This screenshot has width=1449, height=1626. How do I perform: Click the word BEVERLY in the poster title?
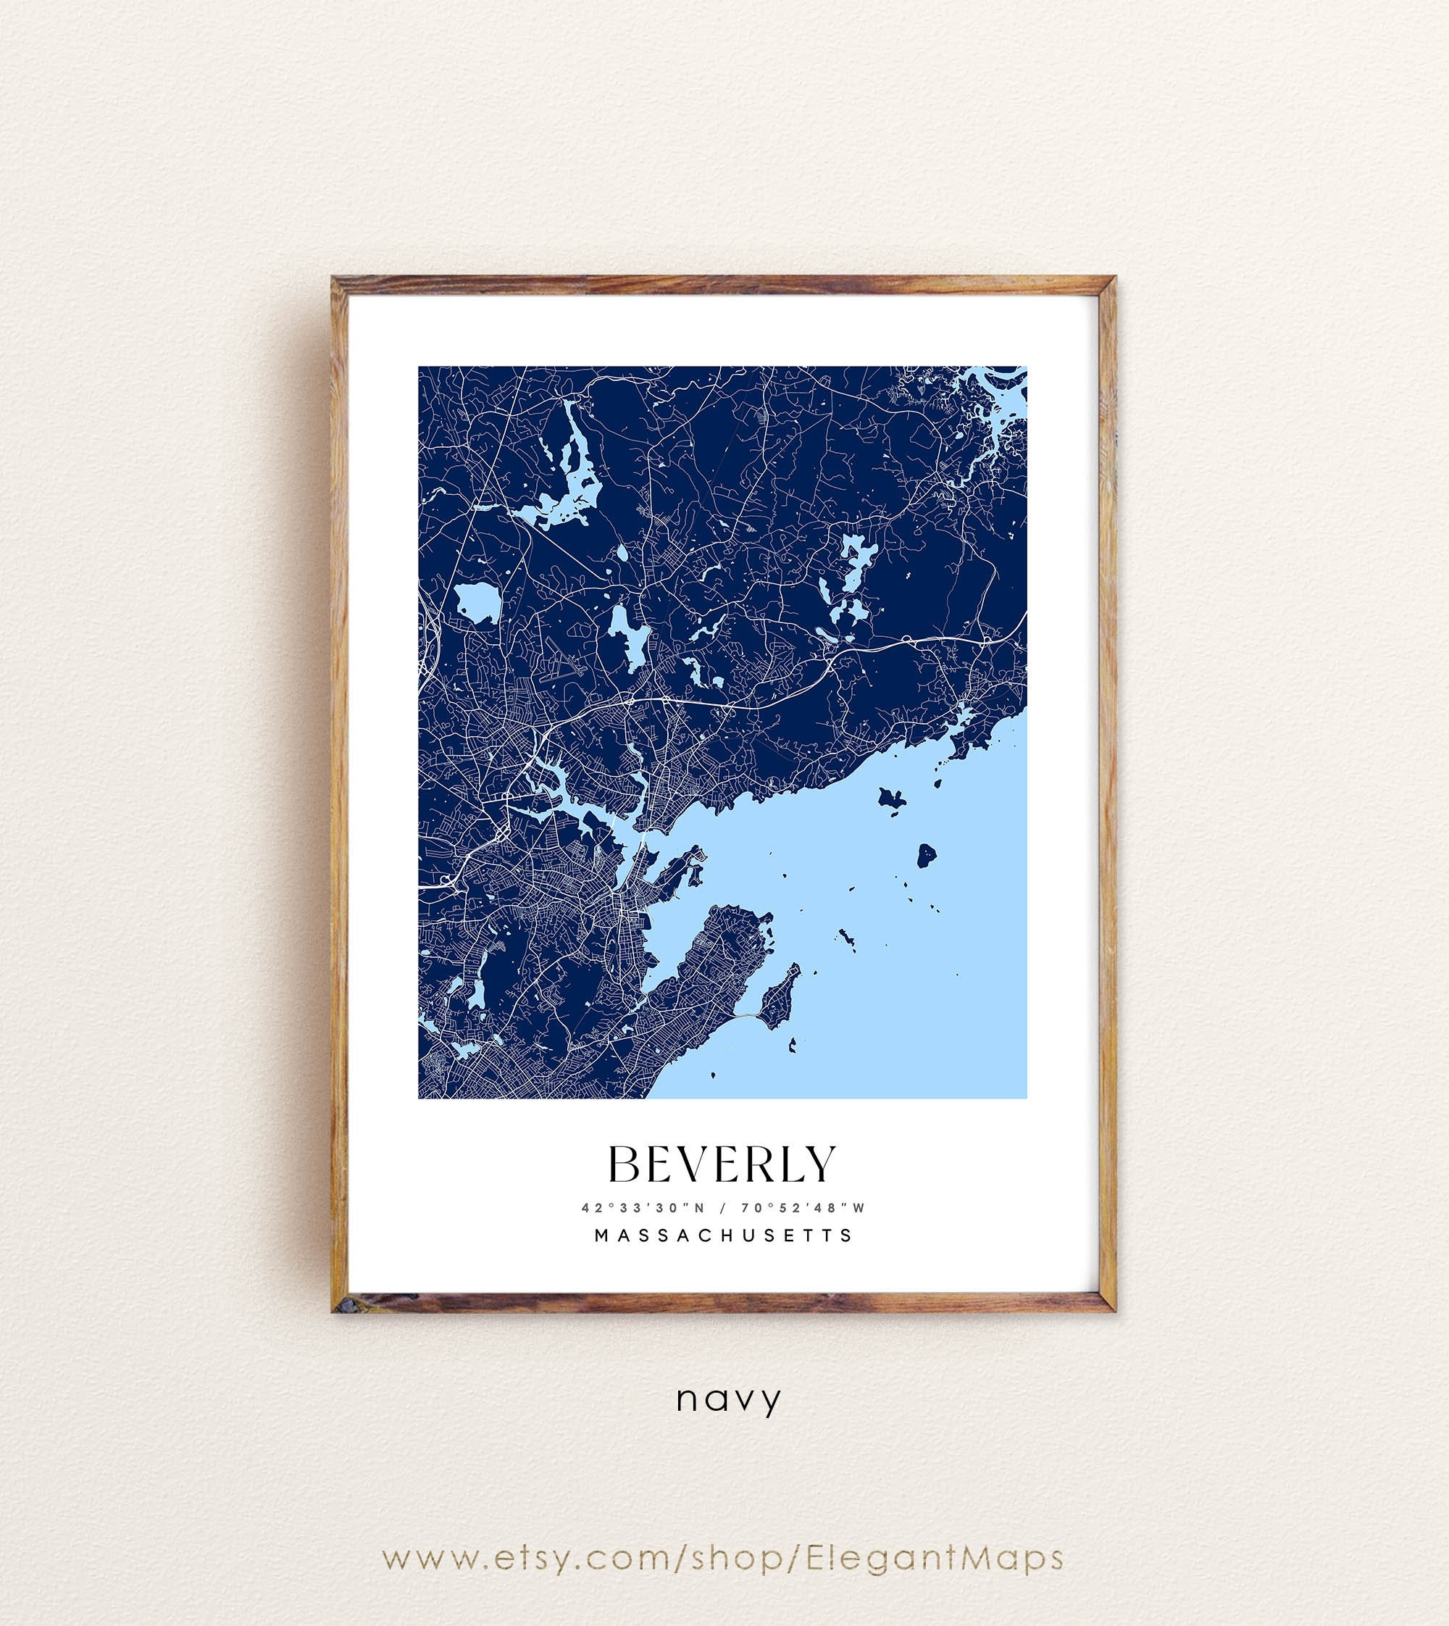click(x=722, y=1165)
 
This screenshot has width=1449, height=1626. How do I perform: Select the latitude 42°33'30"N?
click(x=643, y=1208)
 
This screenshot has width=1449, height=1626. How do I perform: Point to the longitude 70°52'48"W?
click(x=803, y=1208)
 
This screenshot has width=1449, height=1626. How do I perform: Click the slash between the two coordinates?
click(x=723, y=1208)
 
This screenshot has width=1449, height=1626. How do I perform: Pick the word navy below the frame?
click(x=728, y=1400)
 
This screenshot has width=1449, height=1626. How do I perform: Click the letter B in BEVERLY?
click(x=625, y=1165)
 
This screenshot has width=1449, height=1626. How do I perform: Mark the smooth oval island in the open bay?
click(x=926, y=856)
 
